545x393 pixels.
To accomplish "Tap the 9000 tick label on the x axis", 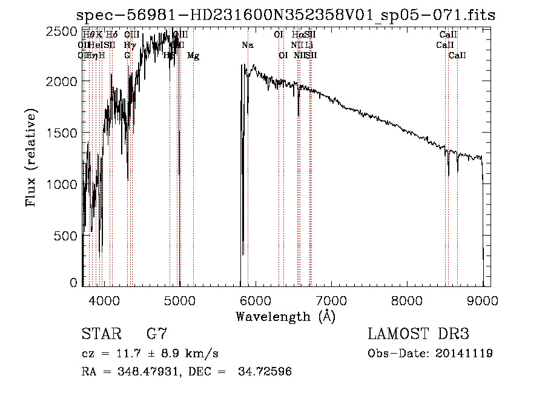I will pos(483,299).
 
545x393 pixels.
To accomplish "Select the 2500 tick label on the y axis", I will pos(62,31).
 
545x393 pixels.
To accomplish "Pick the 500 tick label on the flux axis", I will pos(65,236).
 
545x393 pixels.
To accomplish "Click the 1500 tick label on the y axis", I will pos(62,133).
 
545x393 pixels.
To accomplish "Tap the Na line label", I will pos(248,45).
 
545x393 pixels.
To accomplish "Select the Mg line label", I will pos(193,56).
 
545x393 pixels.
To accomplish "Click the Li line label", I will pos(309,45).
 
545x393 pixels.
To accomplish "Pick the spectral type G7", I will pos(157,334).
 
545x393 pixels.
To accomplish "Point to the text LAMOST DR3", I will pos(418,334).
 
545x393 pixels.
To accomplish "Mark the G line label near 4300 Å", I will pos(127,56).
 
